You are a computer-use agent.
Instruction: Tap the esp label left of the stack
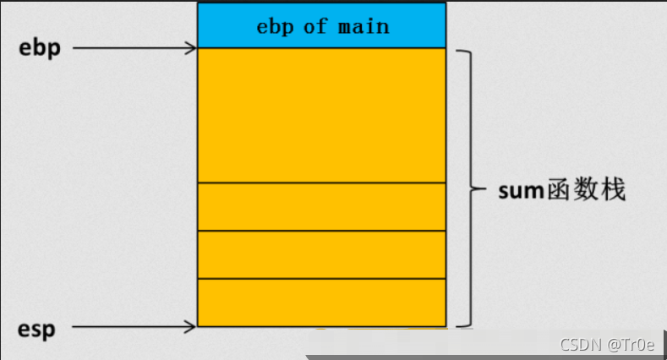(x=37, y=328)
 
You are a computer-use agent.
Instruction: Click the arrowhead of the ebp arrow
(x=192, y=48)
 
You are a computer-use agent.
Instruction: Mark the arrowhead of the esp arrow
(x=192, y=326)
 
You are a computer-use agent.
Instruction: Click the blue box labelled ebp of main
(x=321, y=25)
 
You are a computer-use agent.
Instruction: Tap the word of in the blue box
(x=315, y=26)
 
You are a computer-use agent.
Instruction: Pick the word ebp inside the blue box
(x=275, y=26)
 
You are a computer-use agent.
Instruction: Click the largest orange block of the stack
(x=321, y=115)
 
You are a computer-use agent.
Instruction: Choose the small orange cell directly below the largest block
(x=321, y=206)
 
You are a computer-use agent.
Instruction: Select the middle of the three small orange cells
(x=321, y=254)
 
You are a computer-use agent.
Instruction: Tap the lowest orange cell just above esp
(x=321, y=302)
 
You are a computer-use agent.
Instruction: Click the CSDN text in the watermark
(x=579, y=345)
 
